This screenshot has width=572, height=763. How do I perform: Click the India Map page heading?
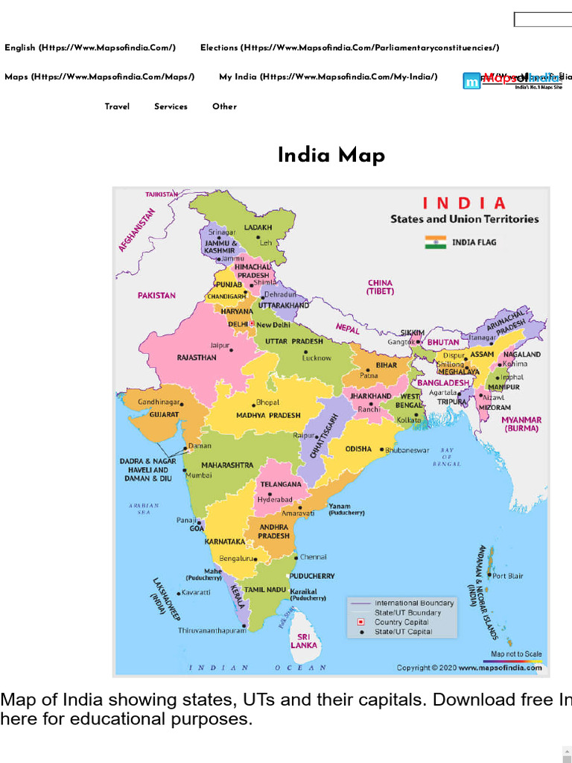tap(331, 155)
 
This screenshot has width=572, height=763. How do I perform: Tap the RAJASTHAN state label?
tap(197, 358)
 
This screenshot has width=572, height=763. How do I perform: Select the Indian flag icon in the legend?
tap(436, 241)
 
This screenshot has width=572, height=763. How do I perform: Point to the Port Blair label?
tap(508, 576)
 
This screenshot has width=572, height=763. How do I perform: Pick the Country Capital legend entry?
tap(401, 622)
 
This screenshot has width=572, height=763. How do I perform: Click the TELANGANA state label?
tap(281, 484)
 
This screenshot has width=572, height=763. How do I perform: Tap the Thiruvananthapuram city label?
tap(212, 630)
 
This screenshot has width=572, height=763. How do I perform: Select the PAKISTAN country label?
tap(156, 295)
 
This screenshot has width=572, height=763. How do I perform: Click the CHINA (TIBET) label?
tap(380, 287)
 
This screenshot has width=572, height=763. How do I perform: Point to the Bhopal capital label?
tap(267, 403)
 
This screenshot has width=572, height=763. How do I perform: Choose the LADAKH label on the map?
tap(258, 227)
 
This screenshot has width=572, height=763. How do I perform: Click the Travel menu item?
tap(117, 107)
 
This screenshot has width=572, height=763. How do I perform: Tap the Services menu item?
tap(171, 107)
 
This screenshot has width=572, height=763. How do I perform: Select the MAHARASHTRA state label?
tap(227, 465)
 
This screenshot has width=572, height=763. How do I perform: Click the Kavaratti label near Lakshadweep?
tap(196, 592)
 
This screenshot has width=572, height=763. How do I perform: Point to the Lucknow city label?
tap(317, 358)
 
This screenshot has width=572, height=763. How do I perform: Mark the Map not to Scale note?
tap(517, 654)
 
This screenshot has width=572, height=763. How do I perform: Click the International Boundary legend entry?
tap(414, 603)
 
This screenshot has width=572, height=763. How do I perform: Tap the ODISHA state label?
tap(359, 449)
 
